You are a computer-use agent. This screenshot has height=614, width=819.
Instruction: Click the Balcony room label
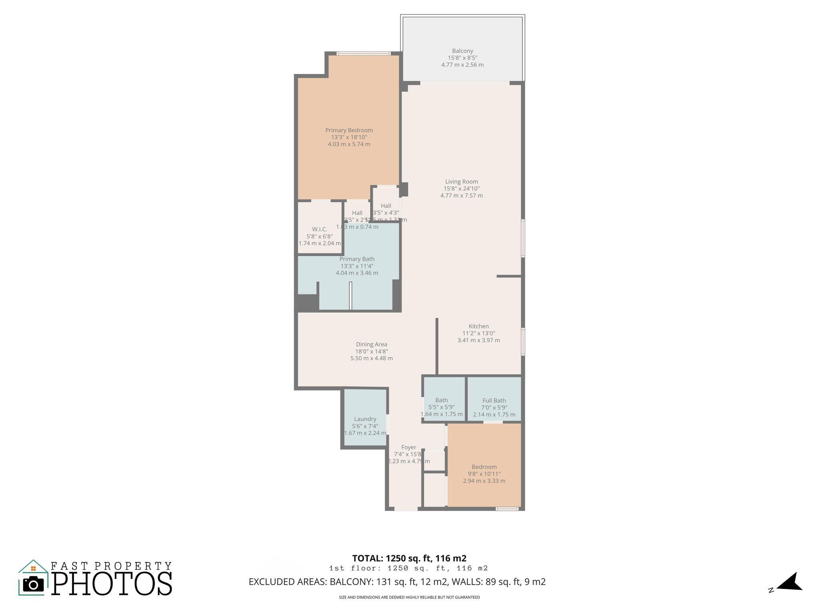[462, 51]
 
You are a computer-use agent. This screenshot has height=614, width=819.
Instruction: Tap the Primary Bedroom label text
[349, 130]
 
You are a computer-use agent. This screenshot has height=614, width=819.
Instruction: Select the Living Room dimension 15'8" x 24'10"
[461, 189]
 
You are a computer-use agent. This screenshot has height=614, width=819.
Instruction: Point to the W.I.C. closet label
[320, 229]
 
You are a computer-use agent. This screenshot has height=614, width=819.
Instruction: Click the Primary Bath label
[357, 259]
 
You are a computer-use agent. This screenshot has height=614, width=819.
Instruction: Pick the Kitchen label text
[479, 326]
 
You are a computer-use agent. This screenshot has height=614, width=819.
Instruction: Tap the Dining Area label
[372, 344]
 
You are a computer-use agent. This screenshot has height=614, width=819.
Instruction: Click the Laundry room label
[365, 419]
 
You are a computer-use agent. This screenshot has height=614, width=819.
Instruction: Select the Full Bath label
[494, 401]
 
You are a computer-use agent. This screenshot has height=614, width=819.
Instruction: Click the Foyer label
[409, 447]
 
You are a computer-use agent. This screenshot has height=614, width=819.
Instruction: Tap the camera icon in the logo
[33, 584]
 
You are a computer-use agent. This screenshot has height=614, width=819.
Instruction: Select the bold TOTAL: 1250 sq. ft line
[409, 558]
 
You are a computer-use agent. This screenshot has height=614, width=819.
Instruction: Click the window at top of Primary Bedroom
[363, 53]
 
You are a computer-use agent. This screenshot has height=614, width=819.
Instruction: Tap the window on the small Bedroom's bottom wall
[507, 509]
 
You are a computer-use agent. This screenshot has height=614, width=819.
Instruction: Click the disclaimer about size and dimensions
[409, 597]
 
